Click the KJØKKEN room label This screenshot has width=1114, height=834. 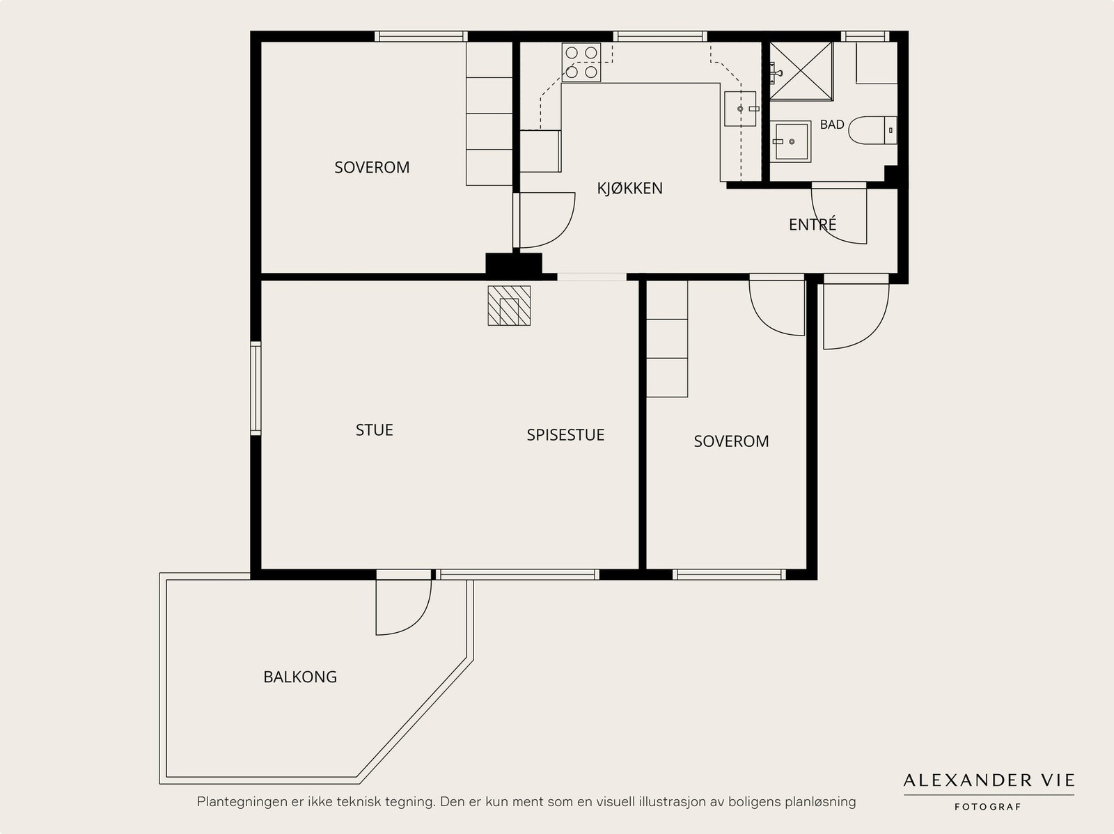coord(630,188)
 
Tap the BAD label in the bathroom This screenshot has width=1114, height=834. coord(832,125)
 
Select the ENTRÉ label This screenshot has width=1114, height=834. coord(812,223)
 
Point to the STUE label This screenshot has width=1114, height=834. coord(374,430)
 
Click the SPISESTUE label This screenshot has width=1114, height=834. coord(565,435)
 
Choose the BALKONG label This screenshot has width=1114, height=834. coord(300,677)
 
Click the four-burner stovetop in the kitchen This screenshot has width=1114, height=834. coord(581,62)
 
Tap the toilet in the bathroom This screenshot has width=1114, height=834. coord(872,130)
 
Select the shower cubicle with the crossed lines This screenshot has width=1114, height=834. coord(801,71)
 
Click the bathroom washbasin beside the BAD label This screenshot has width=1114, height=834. coord(790,141)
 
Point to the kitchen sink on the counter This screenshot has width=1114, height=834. coord(741,109)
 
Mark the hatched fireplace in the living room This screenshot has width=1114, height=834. coord(509,306)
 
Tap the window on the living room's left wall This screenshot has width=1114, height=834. coord(256,388)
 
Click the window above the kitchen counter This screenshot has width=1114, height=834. coord(660,36)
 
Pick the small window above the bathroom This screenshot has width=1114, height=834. coord(865,36)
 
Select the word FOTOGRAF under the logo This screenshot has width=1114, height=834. coord(987,807)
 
